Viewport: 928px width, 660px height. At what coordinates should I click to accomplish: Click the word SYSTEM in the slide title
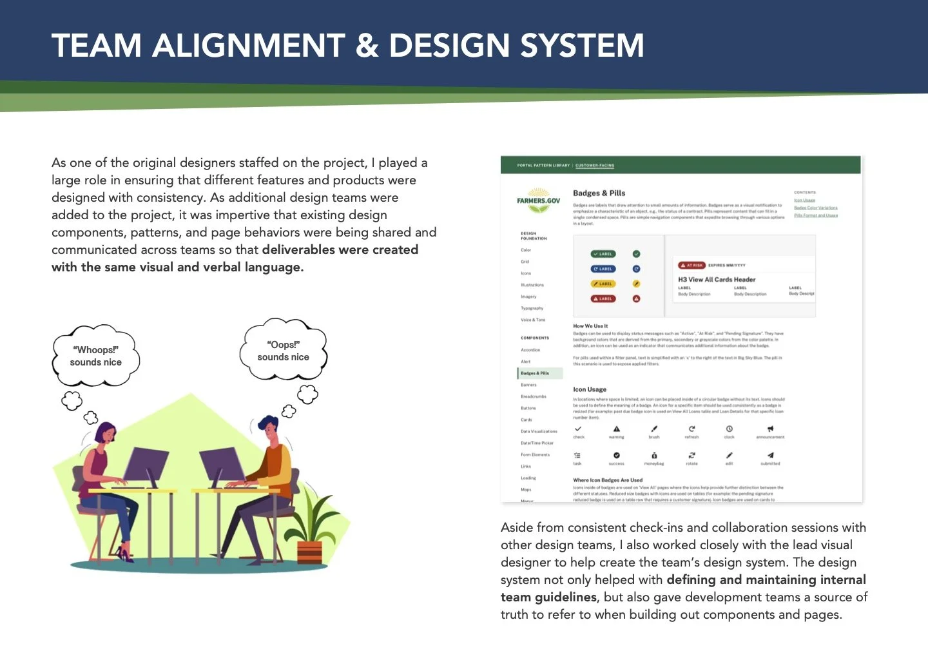(x=581, y=46)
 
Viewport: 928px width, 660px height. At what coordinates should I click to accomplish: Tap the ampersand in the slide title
(x=367, y=46)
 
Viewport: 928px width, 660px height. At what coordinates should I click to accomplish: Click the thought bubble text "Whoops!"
(x=95, y=350)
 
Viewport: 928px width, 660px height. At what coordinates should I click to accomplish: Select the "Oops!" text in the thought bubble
(x=284, y=345)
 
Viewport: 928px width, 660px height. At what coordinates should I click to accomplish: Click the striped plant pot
(x=310, y=553)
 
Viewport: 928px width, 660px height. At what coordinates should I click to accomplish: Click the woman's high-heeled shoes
(x=126, y=556)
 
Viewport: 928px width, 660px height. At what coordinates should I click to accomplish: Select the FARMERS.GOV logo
(x=538, y=200)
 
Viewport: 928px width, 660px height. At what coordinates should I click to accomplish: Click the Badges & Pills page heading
(x=599, y=193)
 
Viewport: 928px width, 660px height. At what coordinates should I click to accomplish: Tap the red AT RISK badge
(x=691, y=265)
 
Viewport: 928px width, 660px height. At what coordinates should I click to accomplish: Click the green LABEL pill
(x=603, y=254)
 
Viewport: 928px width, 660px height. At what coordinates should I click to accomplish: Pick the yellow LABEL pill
(x=603, y=284)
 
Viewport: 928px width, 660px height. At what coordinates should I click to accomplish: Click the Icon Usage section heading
(x=590, y=389)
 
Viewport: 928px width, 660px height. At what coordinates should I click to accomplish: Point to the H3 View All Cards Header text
(x=716, y=280)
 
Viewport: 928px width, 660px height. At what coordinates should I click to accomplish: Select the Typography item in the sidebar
(x=532, y=308)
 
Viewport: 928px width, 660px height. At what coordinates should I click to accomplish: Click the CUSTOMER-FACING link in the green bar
(x=594, y=165)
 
